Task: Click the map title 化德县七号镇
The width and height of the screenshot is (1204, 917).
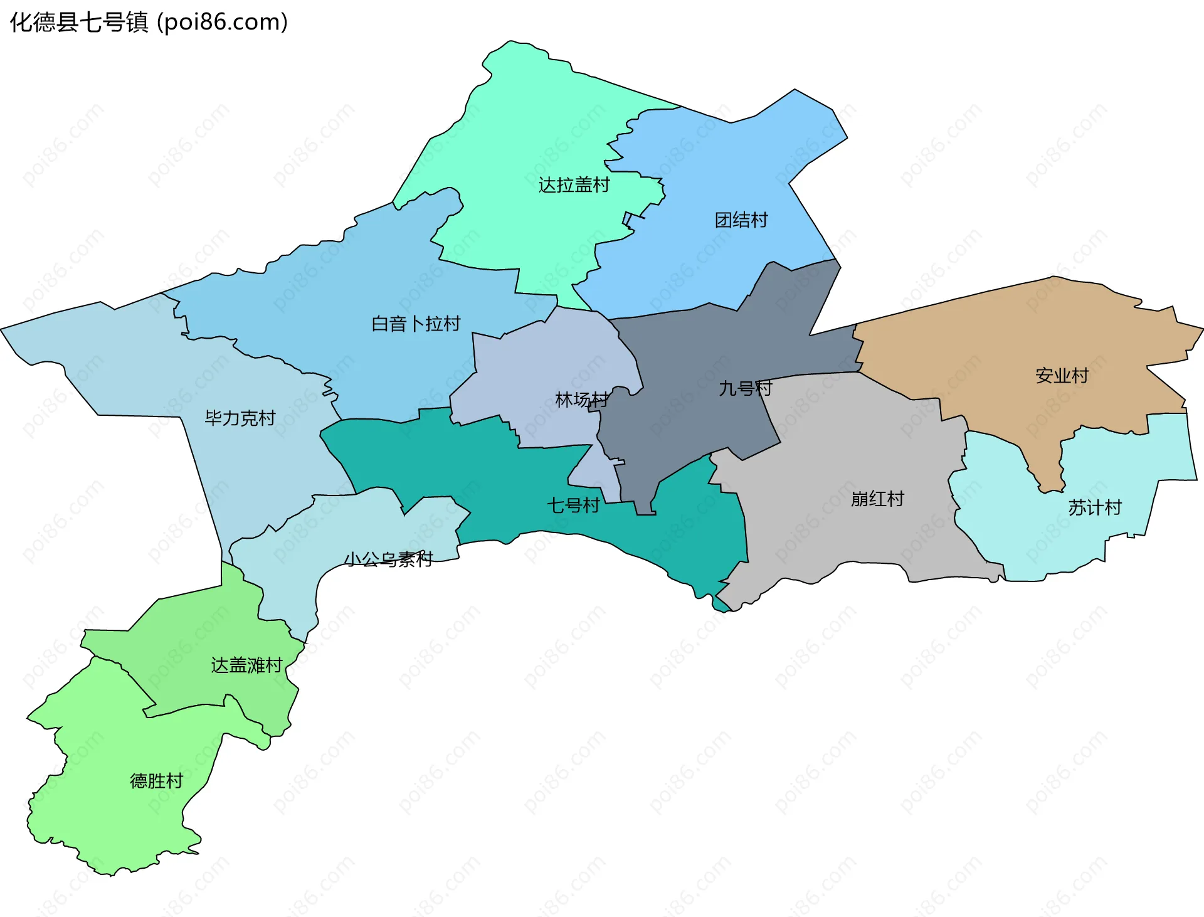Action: (x=78, y=23)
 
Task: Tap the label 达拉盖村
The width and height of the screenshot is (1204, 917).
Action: (x=574, y=185)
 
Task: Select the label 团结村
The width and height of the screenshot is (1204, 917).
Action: (x=741, y=220)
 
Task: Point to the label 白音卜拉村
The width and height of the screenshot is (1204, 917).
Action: (x=416, y=324)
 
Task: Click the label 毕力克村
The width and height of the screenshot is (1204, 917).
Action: (x=240, y=418)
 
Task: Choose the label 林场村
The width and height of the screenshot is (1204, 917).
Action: (x=581, y=400)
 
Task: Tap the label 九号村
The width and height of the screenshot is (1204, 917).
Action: (x=745, y=388)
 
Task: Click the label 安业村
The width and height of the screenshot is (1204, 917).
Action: (x=1062, y=376)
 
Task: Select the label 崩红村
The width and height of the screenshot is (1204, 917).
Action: (x=877, y=499)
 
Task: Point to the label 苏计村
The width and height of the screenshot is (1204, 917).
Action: (x=1095, y=507)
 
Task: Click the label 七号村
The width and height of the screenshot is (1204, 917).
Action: (x=573, y=505)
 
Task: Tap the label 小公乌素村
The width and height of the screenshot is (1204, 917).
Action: (x=388, y=559)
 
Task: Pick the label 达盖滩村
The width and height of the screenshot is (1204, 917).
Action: (x=246, y=665)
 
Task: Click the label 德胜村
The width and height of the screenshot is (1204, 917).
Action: (x=156, y=781)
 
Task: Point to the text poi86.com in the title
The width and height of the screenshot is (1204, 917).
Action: (x=223, y=23)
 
